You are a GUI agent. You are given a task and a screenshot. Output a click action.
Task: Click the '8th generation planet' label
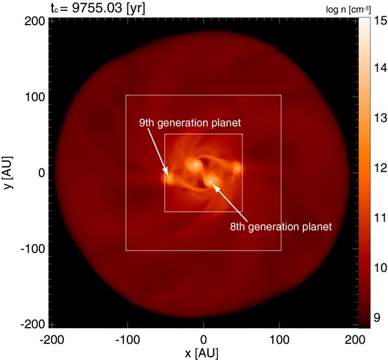(x=281, y=227)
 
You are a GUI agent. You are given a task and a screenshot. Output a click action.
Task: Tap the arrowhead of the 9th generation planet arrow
(x=167, y=173)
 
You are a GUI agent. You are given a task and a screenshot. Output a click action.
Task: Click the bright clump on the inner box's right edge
(x=237, y=168)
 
